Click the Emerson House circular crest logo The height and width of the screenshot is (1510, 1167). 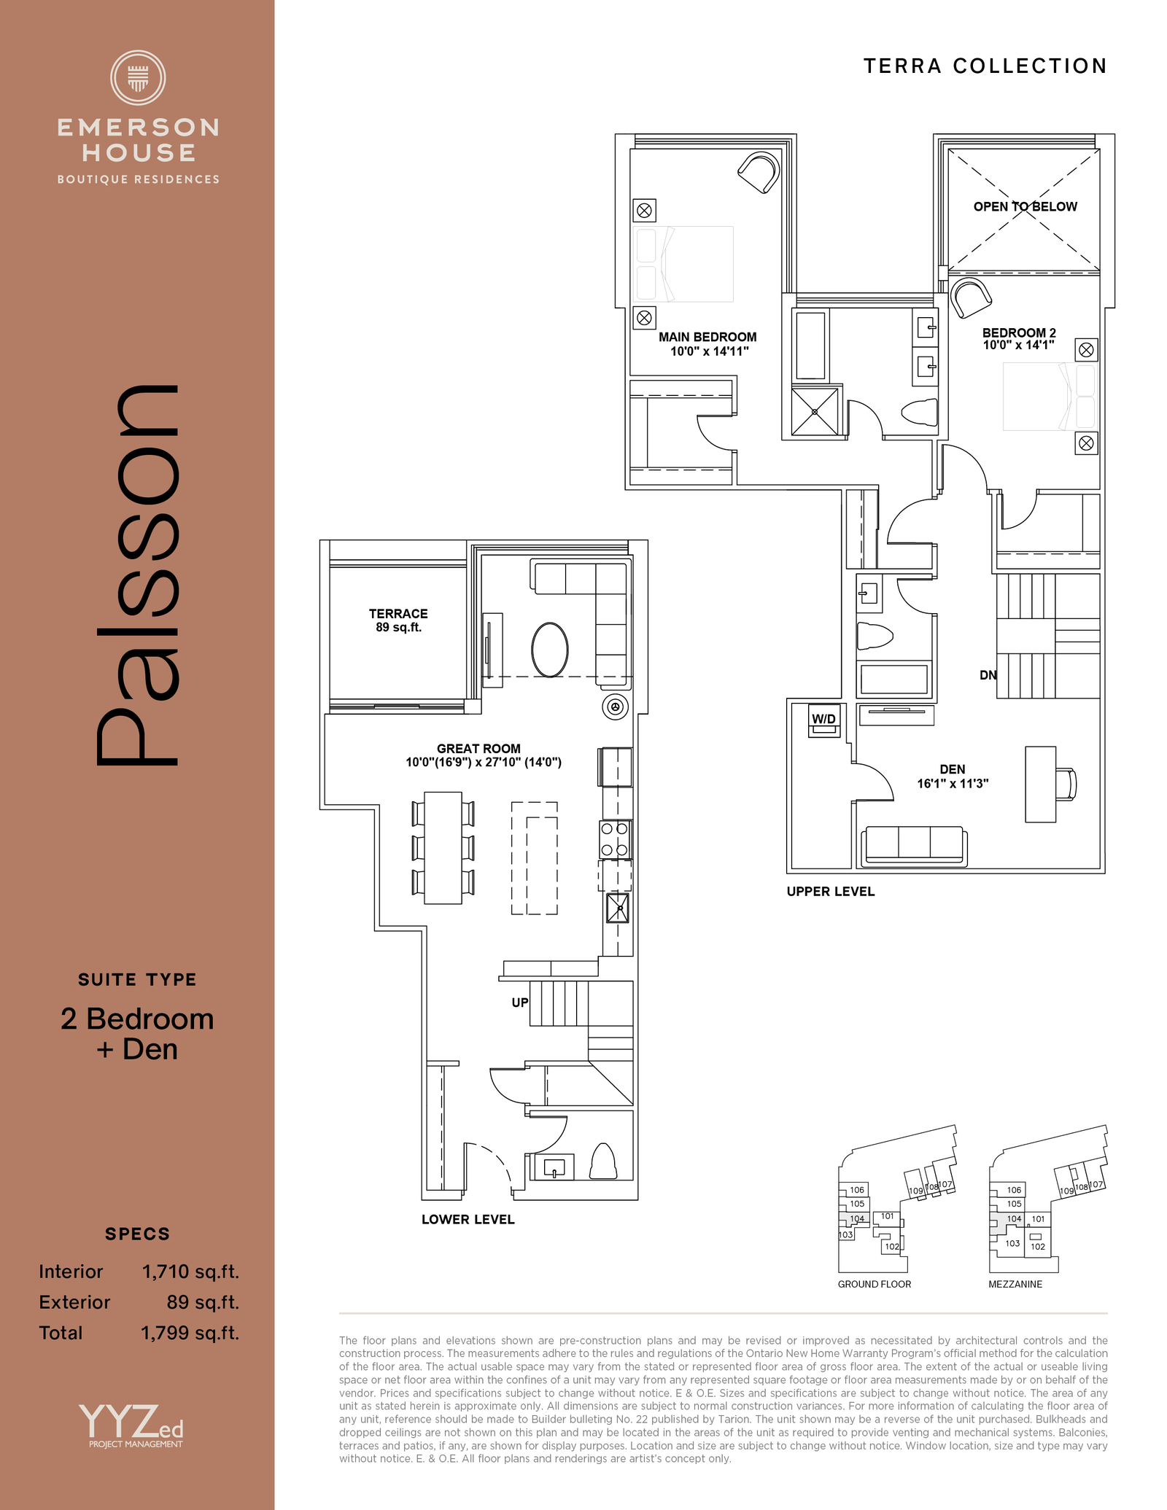tap(138, 77)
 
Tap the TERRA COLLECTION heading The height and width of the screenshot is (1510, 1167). tap(985, 66)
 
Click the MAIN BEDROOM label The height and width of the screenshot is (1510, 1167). tap(707, 337)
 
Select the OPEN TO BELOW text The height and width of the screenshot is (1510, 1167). tap(1025, 206)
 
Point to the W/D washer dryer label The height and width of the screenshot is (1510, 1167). tap(824, 719)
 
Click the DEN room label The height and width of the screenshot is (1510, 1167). tap(953, 770)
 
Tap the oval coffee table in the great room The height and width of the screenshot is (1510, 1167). tap(550, 650)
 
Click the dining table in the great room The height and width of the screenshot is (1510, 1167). tap(443, 848)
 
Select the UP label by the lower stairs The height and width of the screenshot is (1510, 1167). tap(520, 1003)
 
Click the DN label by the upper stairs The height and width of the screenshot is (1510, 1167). tap(988, 675)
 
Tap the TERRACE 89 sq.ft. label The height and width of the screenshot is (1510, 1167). tap(398, 620)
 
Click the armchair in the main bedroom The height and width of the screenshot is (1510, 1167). tap(759, 173)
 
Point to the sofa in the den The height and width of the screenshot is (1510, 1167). tap(914, 847)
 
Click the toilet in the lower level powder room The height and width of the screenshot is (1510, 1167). tap(602, 1161)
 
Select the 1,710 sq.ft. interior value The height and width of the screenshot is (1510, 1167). tap(190, 1272)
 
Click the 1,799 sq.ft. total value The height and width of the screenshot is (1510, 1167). tap(190, 1334)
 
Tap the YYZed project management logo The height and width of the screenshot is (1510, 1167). tap(131, 1426)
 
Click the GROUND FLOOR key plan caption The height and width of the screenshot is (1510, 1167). tap(875, 1284)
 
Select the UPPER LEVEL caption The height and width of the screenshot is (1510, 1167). tap(831, 892)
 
